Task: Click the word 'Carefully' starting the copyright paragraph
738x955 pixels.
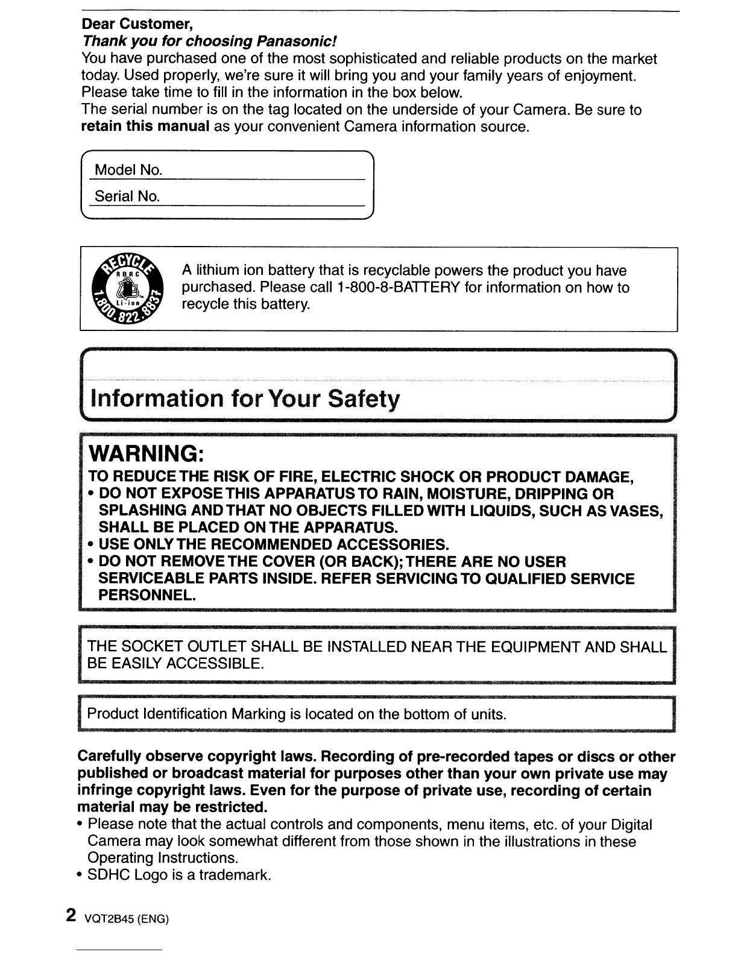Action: click(x=110, y=757)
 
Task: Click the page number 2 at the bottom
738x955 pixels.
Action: click(x=71, y=915)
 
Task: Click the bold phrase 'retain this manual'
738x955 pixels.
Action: click(x=145, y=127)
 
